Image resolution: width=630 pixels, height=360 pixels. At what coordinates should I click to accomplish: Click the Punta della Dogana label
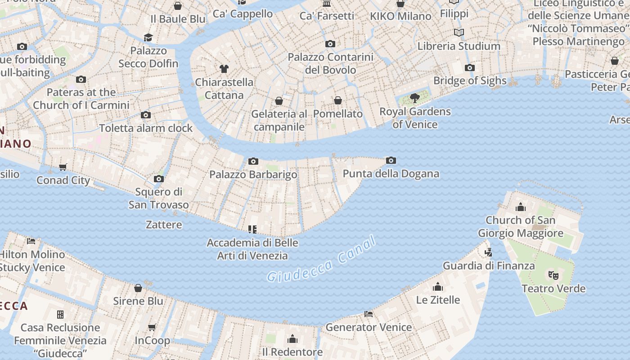click(391, 174)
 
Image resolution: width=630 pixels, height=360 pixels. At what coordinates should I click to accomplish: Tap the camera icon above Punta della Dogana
click(391, 160)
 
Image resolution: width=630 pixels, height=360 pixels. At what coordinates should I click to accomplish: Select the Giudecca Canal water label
click(321, 260)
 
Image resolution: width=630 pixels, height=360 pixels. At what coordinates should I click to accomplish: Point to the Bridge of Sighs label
click(470, 81)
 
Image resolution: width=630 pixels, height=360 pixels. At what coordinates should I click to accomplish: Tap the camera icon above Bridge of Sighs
click(470, 67)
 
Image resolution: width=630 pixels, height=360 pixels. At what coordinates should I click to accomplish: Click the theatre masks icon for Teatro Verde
click(553, 274)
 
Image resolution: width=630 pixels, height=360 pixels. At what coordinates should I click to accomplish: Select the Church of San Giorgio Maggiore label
click(521, 226)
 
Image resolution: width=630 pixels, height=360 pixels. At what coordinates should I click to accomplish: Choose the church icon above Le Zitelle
click(438, 287)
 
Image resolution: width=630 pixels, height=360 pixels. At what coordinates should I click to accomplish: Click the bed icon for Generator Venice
click(369, 314)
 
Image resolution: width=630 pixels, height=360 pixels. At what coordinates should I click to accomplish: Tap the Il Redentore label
click(292, 351)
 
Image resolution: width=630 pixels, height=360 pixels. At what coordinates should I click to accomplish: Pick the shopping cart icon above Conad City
click(63, 167)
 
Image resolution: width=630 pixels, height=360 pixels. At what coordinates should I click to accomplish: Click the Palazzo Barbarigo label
click(253, 174)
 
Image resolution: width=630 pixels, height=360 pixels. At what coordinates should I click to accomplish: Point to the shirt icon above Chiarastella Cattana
click(224, 69)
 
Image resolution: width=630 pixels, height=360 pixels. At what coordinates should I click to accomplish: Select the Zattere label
click(164, 224)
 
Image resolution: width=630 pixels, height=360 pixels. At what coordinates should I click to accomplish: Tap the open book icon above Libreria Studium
click(459, 32)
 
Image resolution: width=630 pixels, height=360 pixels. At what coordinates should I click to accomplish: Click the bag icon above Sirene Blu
click(138, 288)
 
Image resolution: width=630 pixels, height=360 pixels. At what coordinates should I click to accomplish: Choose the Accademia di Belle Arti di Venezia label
click(252, 249)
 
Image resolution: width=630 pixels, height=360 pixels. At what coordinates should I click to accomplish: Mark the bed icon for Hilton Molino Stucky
click(31, 241)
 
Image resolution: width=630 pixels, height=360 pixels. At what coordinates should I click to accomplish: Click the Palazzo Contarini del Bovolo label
click(330, 63)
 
